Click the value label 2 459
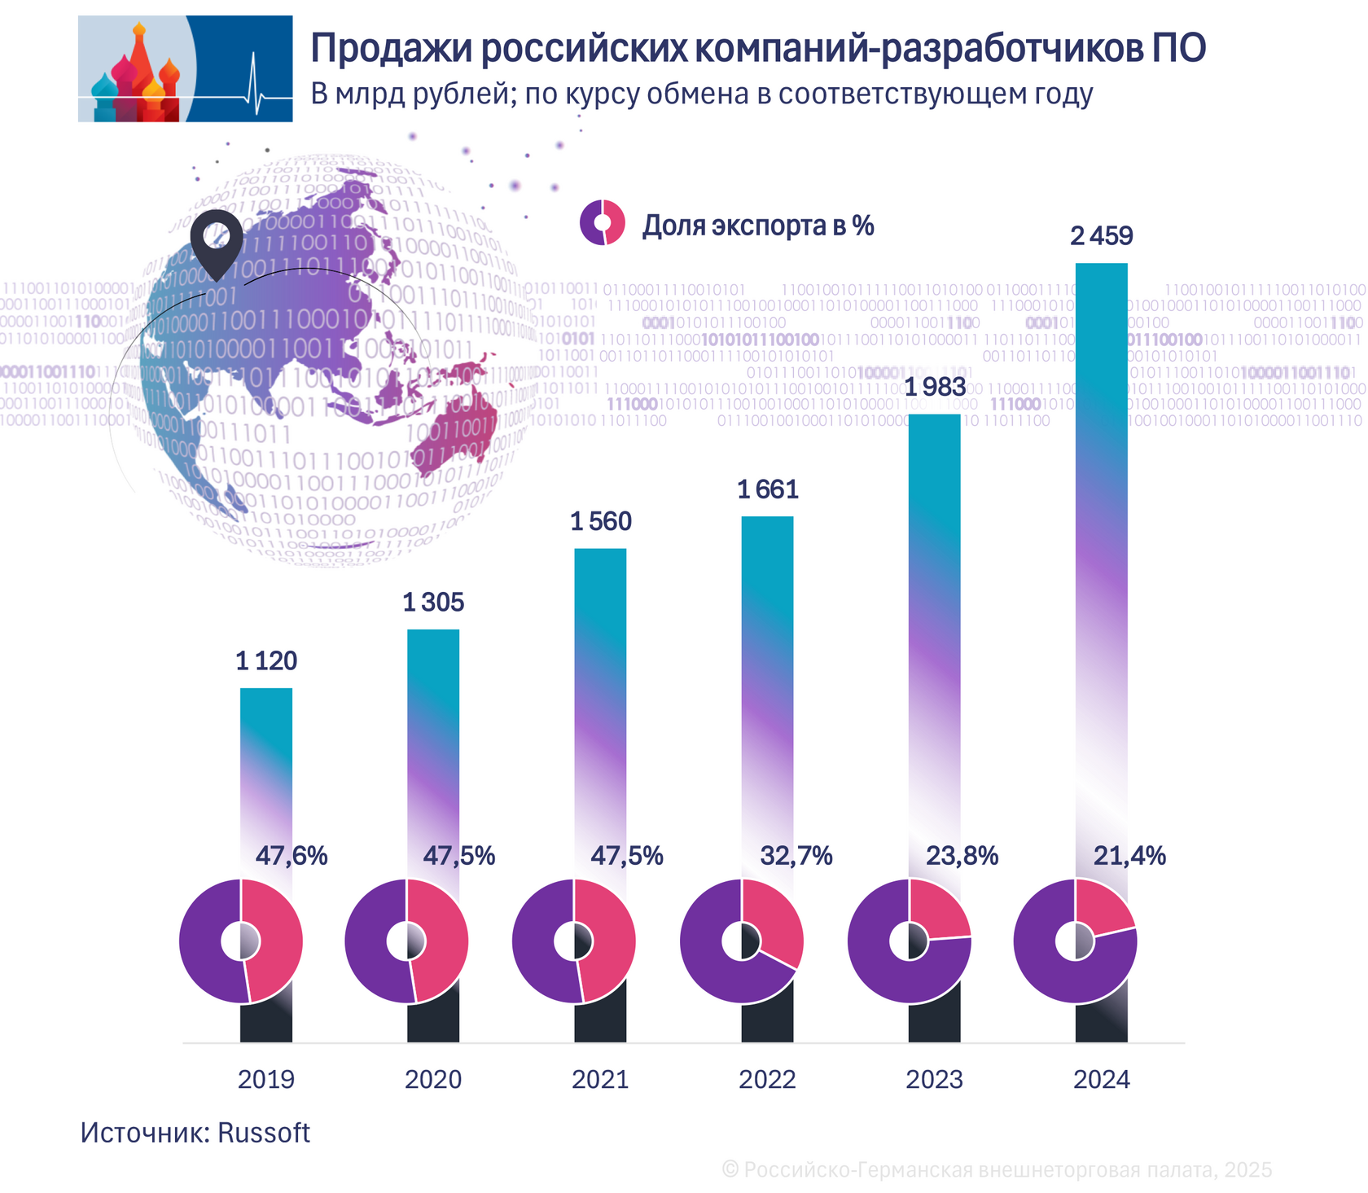coord(1101,236)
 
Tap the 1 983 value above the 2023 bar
coord(935,387)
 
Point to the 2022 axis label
coord(767,1079)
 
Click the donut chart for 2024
coord(1075,941)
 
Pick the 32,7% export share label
coord(796,856)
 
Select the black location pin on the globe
coord(217,240)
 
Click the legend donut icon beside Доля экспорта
coord(603,222)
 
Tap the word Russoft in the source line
coord(264,1133)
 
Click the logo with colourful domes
coord(185,69)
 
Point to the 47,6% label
coord(292,856)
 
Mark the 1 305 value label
coord(433,603)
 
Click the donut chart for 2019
coord(241,941)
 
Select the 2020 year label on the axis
coord(433,1079)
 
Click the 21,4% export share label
coord(1129,856)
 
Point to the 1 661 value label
coord(767,489)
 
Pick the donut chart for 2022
coord(742,941)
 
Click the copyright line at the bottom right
coord(997,1170)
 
